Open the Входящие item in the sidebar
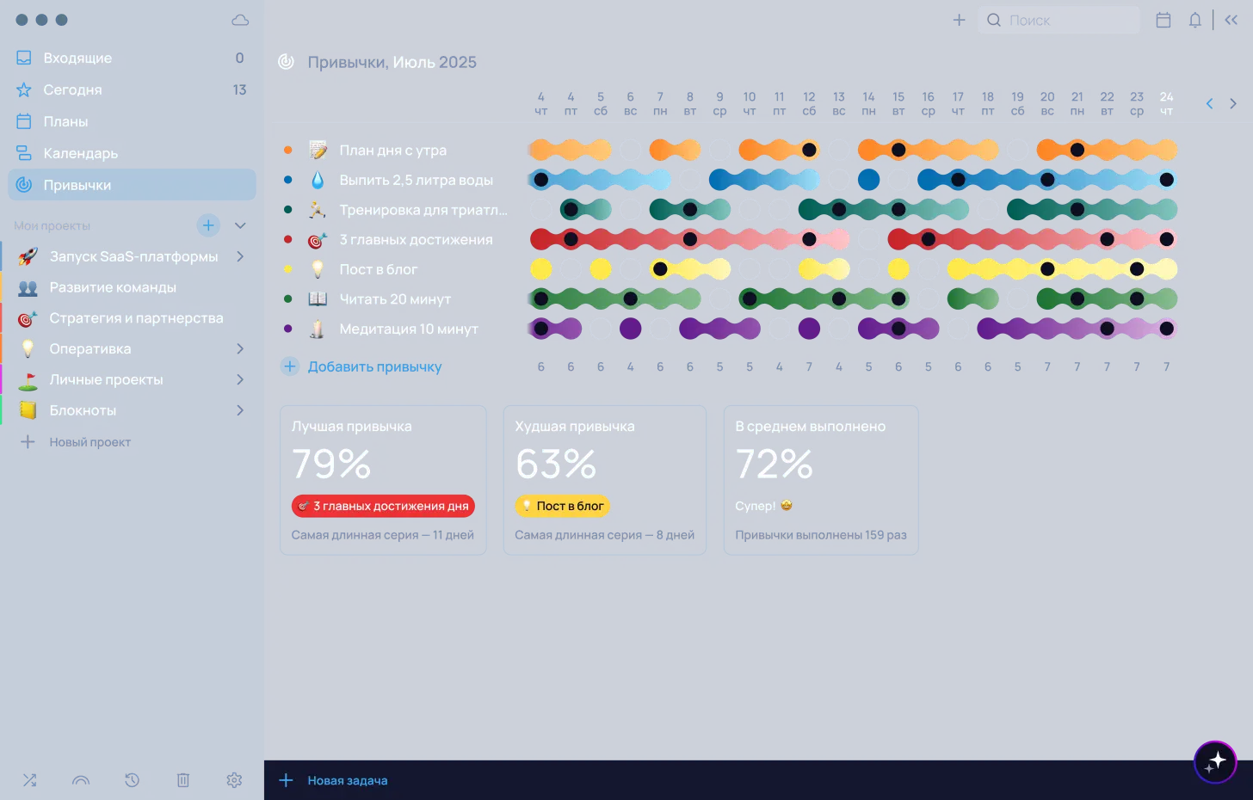click(77, 58)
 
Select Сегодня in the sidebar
click(72, 90)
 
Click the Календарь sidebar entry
click(80, 154)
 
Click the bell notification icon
click(1194, 21)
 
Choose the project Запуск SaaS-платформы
click(133, 257)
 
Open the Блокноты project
click(83, 411)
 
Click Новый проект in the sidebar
click(89, 442)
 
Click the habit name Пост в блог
click(378, 270)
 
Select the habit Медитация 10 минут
click(408, 329)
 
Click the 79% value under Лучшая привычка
click(331, 465)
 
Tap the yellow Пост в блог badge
click(562, 507)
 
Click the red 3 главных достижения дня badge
click(383, 507)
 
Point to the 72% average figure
click(774, 465)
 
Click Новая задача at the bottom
click(347, 781)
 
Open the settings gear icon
click(234, 780)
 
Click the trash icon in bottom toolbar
click(183, 780)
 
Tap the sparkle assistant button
click(1215, 762)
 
